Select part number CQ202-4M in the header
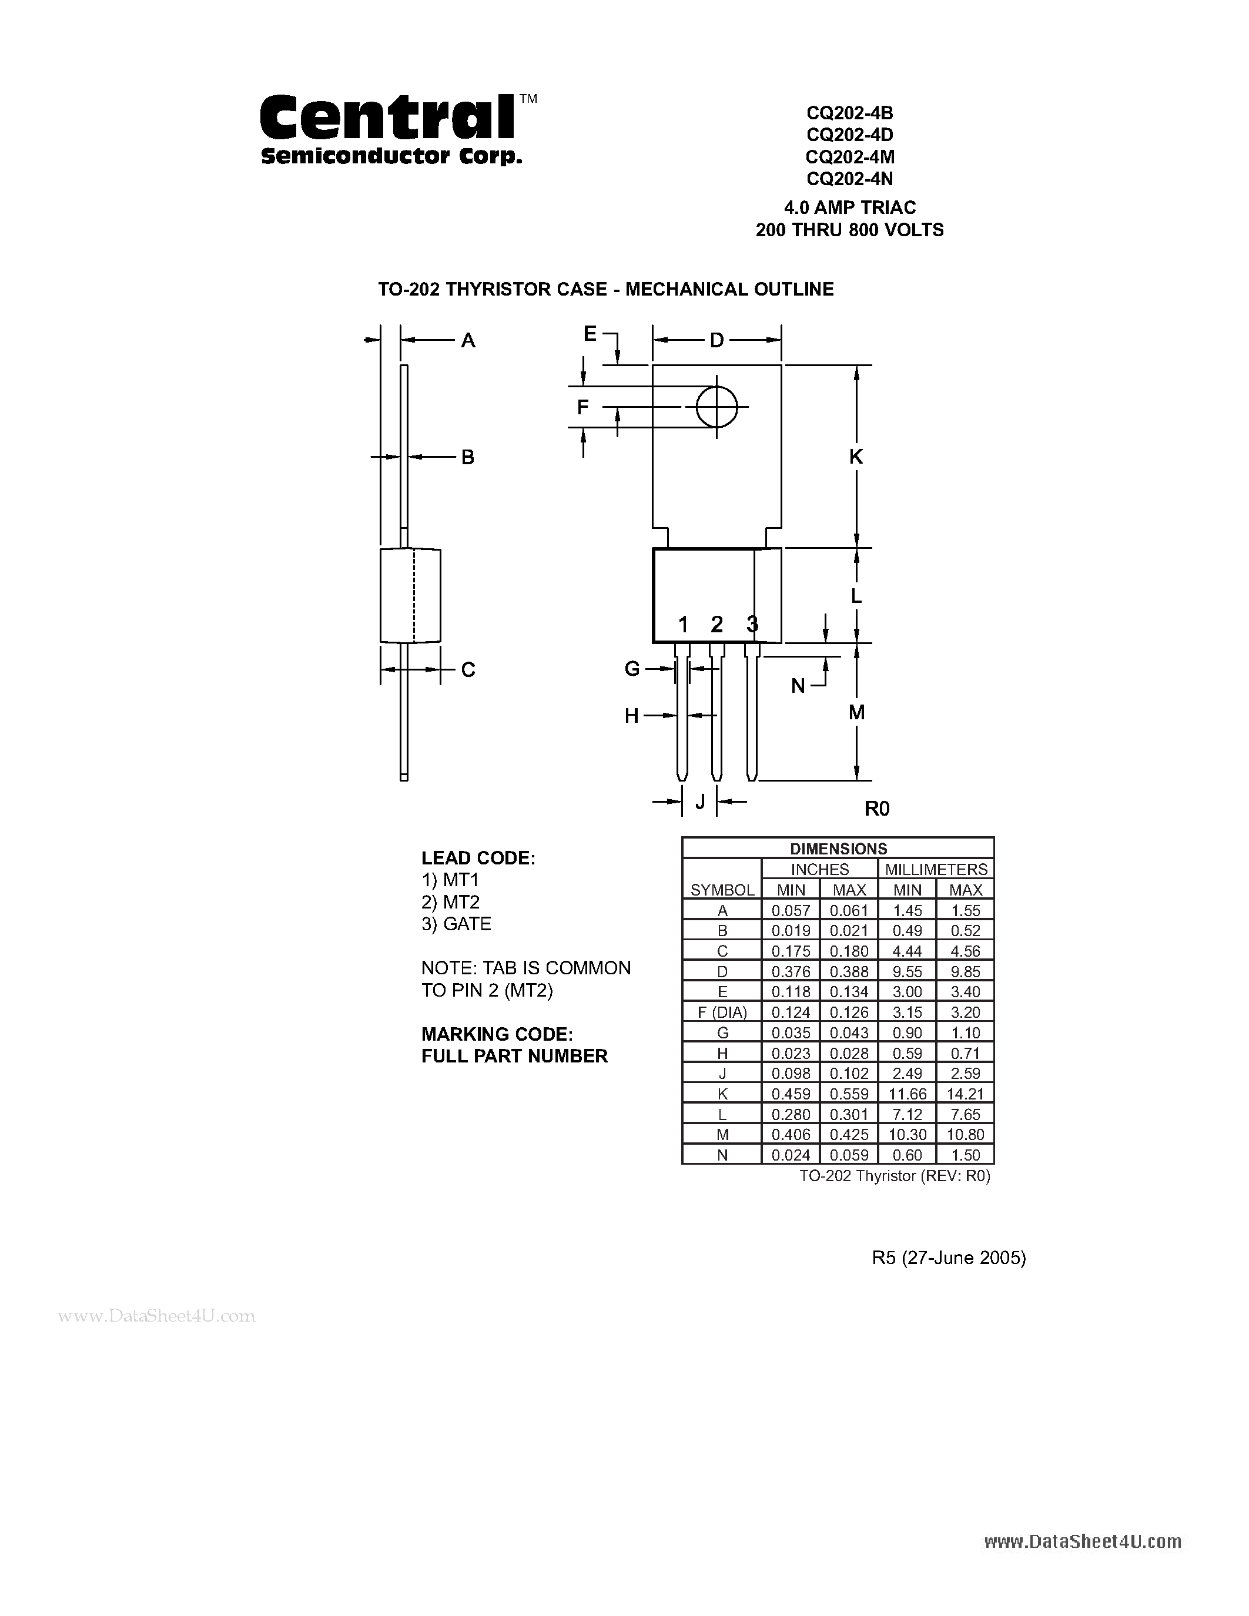(849, 157)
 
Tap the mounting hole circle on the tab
(716, 406)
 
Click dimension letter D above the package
(716, 340)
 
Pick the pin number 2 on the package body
(716, 625)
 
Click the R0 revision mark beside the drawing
(877, 809)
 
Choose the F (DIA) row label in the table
(722, 1012)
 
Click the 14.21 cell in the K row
(965, 1094)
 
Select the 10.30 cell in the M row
(907, 1134)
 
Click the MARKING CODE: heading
(497, 1034)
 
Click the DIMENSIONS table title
(838, 849)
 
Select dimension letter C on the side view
(468, 670)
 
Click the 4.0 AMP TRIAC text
(849, 207)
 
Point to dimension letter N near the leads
(798, 686)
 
